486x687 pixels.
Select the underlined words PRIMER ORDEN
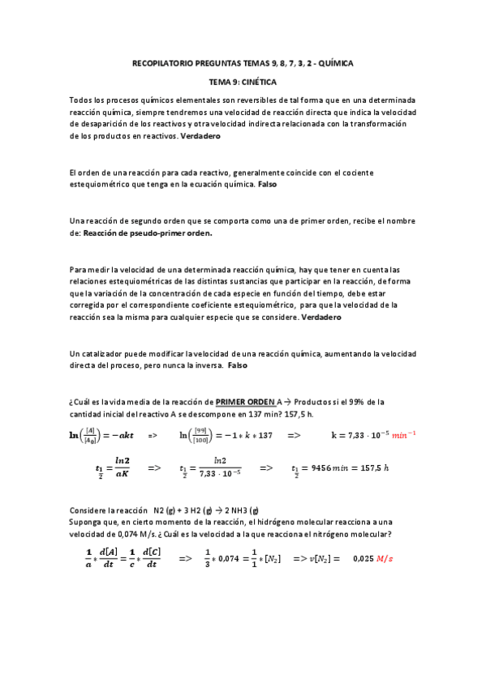243,402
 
